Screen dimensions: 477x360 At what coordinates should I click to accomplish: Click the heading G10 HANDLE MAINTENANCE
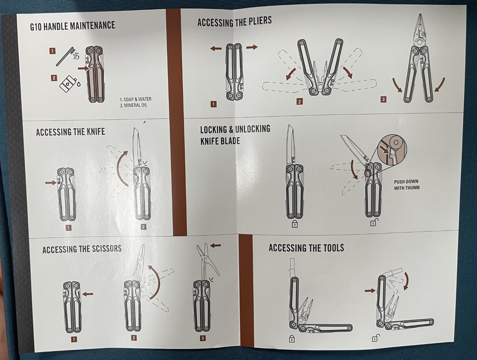(72, 26)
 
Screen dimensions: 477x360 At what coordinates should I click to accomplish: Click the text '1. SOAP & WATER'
(136, 99)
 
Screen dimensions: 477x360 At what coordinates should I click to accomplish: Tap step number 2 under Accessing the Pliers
(299, 102)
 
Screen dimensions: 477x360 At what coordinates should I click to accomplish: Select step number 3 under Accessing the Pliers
(383, 100)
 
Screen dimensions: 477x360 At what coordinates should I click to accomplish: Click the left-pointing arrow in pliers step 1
(216, 48)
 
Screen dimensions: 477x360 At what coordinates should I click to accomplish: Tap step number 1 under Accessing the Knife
(68, 228)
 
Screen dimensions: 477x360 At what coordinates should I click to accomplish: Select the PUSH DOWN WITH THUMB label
(406, 184)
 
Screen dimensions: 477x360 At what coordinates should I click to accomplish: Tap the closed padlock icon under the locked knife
(295, 223)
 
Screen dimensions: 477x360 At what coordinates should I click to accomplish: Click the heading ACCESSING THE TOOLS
(306, 248)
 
